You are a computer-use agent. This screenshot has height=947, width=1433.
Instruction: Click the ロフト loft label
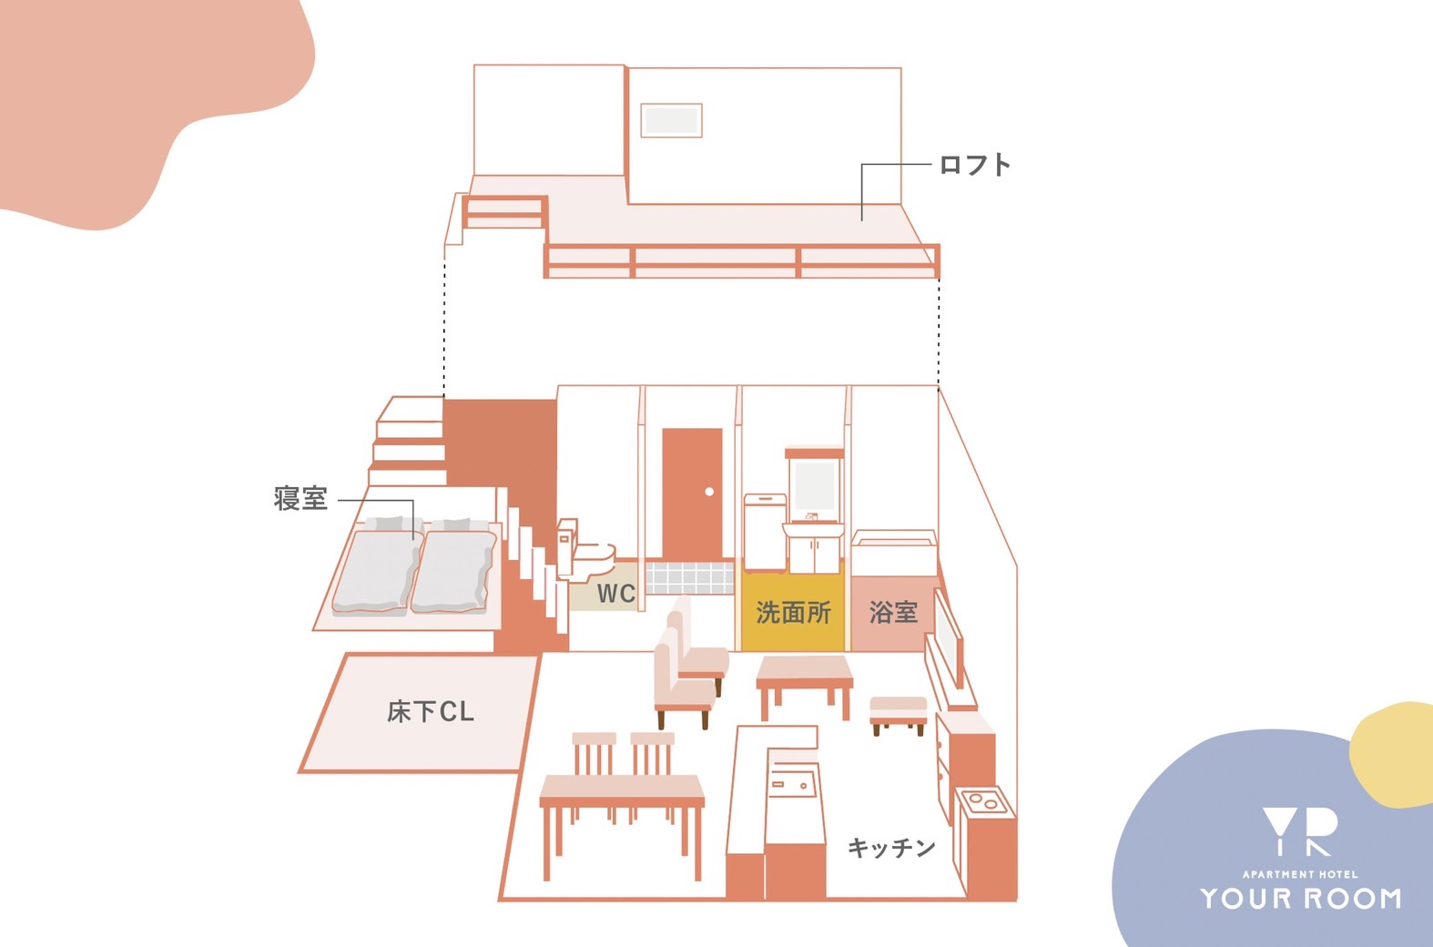(x=974, y=165)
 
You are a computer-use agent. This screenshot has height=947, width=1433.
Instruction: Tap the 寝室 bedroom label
(x=300, y=498)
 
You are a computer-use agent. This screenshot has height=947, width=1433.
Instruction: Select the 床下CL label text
(x=431, y=711)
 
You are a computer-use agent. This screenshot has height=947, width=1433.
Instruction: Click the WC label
(x=616, y=593)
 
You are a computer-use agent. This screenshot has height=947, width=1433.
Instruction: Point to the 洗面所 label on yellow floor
(x=793, y=612)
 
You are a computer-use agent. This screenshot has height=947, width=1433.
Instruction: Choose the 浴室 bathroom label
(x=893, y=612)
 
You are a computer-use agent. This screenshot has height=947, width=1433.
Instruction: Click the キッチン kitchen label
(x=892, y=848)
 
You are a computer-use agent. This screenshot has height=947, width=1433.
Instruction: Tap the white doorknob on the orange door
(x=709, y=492)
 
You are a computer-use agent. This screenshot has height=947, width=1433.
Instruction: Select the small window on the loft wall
(x=671, y=119)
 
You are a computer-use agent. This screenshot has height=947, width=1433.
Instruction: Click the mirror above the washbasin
(x=815, y=485)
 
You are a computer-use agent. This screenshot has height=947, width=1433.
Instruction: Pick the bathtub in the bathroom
(x=894, y=553)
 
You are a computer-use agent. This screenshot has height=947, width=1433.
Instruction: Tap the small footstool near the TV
(x=899, y=715)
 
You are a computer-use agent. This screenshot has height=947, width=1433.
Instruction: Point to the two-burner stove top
(x=983, y=801)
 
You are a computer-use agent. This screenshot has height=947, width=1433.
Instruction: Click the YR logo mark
(x=1300, y=831)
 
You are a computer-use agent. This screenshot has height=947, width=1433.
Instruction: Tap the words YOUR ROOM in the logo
(x=1301, y=899)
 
